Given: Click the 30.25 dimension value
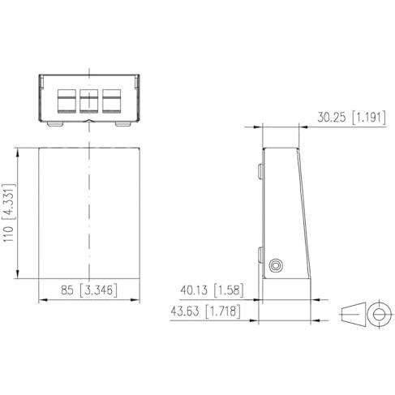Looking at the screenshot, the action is point(331,118).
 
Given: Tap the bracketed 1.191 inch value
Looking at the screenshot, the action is point(369,118).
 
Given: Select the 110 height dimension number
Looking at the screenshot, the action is point(9,234).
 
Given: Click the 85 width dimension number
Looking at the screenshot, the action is point(67,290).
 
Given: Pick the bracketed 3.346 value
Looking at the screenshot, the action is point(99,290).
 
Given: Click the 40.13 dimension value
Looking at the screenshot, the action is point(194,290).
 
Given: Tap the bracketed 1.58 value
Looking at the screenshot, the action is point(229,290).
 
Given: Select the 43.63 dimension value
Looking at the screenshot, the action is point(185,311).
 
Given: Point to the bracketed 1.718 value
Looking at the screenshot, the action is point(223,311).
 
